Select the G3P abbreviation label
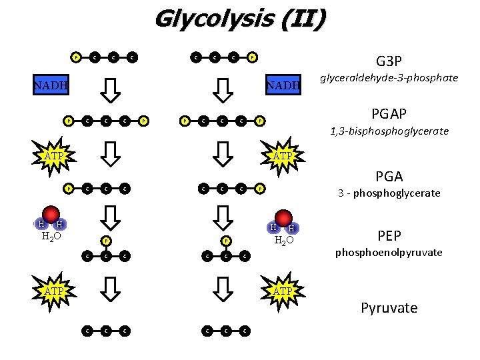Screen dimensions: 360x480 [x=388, y=61]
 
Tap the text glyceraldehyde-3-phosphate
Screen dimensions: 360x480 [x=388, y=78]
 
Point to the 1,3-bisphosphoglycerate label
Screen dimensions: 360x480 [x=389, y=131]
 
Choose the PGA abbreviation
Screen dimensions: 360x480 [x=389, y=177]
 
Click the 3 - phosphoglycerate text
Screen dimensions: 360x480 [x=389, y=193]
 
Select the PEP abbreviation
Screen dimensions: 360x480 [x=389, y=236]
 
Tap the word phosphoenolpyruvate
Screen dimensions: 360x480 [x=389, y=253]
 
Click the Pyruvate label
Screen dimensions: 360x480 [x=389, y=308]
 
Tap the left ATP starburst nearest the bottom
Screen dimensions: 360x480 [x=54, y=291]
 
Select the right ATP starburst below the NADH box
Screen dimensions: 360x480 [x=283, y=156]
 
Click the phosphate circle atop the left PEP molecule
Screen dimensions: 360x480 [x=105, y=241]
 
